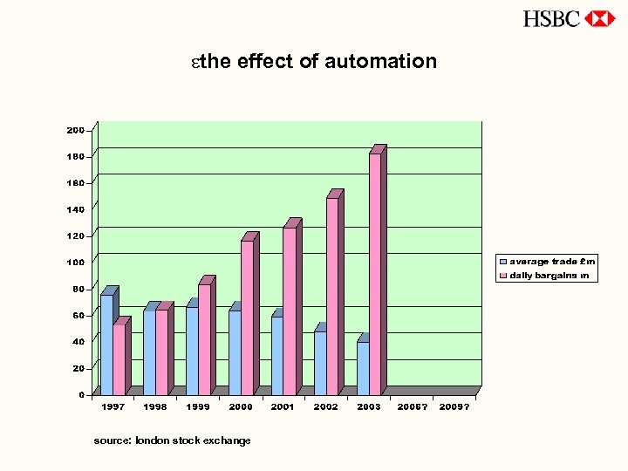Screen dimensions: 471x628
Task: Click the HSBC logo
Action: pyautogui.click(x=570, y=18)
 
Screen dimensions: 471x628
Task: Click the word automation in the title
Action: pyautogui.click(x=380, y=61)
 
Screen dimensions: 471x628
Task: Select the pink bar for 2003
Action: pyautogui.click(x=375, y=274)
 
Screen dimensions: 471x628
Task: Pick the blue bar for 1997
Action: pyautogui.click(x=106, y=345)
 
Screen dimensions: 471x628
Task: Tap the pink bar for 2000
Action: pyautogui.click(x=247, y=317)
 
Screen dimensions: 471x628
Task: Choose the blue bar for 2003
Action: pyautogui.click(x=363, y=368)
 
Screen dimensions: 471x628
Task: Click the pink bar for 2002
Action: pyautogui.click(x=332, y=297)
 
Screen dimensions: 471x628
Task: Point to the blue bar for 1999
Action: pyautogui.click(x=192, y=351)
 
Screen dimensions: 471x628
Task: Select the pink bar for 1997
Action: pyautogui.click(x=119, y=359)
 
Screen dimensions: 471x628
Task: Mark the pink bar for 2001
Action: pyautogui.click(x=290, y=311)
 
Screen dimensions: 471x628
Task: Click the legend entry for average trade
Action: pyautogui.click(x=547, y=261)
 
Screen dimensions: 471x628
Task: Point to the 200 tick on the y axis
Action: pyautogui.click(x=76, y=130)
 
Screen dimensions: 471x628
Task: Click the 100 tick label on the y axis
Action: pyautogui.click(x=76, y=262)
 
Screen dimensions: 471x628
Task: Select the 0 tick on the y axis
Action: pyautogui.click(x=81, y=394)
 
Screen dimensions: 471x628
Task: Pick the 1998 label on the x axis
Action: pyautogui.click(x=155, y=406)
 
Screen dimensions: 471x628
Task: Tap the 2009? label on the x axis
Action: pyautogui.click(x=454, y=406)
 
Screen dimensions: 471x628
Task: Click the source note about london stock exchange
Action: pyautogui.click(x=172, y=440)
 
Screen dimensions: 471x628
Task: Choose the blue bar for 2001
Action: pyautogui.click(x=277, y=355)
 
